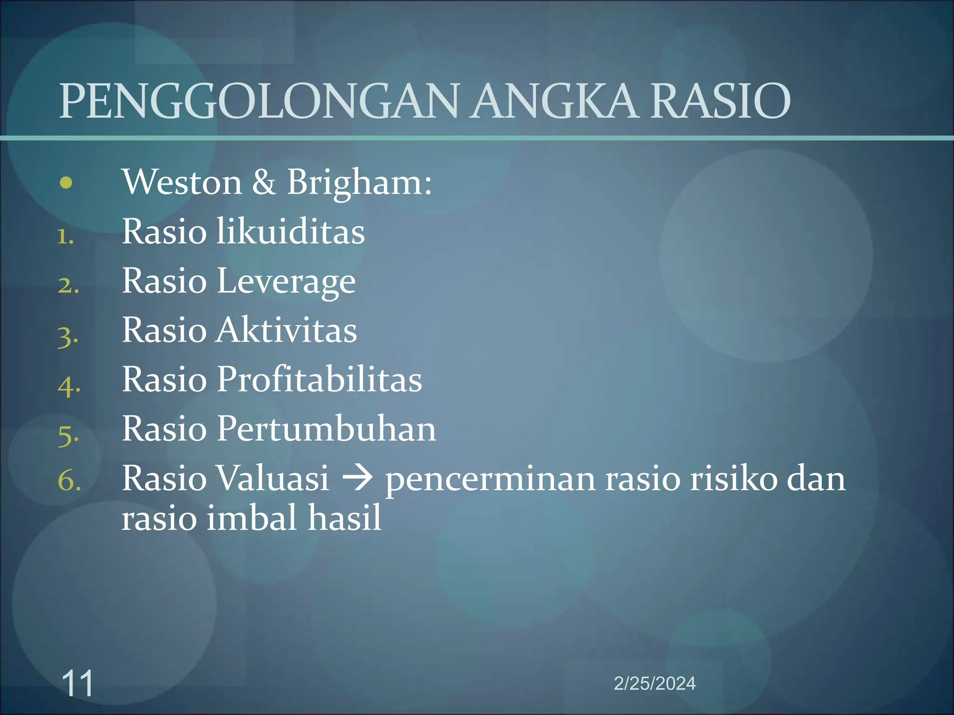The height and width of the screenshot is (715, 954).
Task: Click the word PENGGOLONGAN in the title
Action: (x=259, y=101)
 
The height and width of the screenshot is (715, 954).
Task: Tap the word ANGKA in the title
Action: (x=553, y=101)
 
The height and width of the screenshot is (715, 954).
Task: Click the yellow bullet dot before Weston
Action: (x=66, y=183)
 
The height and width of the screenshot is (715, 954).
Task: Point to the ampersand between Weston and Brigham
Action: (x=264, y=182)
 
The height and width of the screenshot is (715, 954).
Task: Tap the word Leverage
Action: (x=286, y=282)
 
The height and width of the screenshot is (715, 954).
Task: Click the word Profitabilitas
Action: (x=319, y=379)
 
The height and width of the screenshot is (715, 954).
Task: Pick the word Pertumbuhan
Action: (x=326, y=429)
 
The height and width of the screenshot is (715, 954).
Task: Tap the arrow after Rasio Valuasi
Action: (x=357, y=479)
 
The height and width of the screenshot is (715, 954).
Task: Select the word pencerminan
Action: (x=490, y=479)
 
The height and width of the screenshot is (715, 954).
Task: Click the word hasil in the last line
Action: (x=345, y=518)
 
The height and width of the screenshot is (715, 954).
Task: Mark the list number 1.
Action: (x=65, y=237)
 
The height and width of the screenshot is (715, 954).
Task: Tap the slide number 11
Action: (x=77, y=683)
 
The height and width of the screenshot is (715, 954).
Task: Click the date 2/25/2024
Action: (x=654, y=683)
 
